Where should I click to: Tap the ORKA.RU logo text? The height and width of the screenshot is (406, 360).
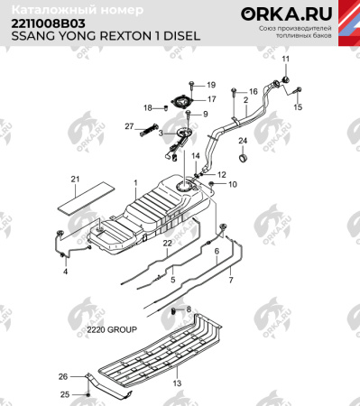coord(287,13)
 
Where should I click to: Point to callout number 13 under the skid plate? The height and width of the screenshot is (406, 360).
coord(177,383)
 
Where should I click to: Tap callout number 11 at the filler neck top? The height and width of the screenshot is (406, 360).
coord(285,60)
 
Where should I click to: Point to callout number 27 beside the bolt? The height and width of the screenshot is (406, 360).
coord(129,125)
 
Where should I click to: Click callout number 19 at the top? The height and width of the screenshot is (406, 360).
coord(200,84)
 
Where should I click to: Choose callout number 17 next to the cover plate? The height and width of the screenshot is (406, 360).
coord(212,99)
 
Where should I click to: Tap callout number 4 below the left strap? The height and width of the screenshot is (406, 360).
coord(64,270)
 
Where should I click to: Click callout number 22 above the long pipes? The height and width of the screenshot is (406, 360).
coord(167,244)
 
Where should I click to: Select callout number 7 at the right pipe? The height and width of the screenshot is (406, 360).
coord(230,281)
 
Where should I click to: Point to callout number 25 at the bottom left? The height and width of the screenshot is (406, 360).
coord(63,394)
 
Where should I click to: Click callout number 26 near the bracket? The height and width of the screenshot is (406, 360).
coord(63,376)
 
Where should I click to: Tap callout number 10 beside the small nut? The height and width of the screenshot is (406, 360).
coord(232,184)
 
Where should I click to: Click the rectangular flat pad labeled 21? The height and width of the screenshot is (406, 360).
coord(86,194)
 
